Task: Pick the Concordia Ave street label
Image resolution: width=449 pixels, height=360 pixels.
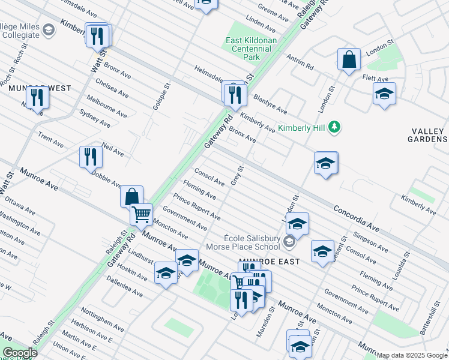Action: (x=357, y=219)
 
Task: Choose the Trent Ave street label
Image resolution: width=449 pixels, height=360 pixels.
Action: (x=50, y=140)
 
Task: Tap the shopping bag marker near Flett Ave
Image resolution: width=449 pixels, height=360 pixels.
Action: (x=349, y=59)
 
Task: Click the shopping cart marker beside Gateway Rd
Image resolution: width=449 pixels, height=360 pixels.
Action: (x=142, y=214)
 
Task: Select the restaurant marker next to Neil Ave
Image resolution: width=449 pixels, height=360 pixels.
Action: (x=91, y=157)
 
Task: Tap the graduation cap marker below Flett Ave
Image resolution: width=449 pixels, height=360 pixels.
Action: (x=384, y=94)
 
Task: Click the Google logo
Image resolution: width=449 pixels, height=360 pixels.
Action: (x=19, y=353)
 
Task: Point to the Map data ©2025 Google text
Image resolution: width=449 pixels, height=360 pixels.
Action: (x=412, y=355)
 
